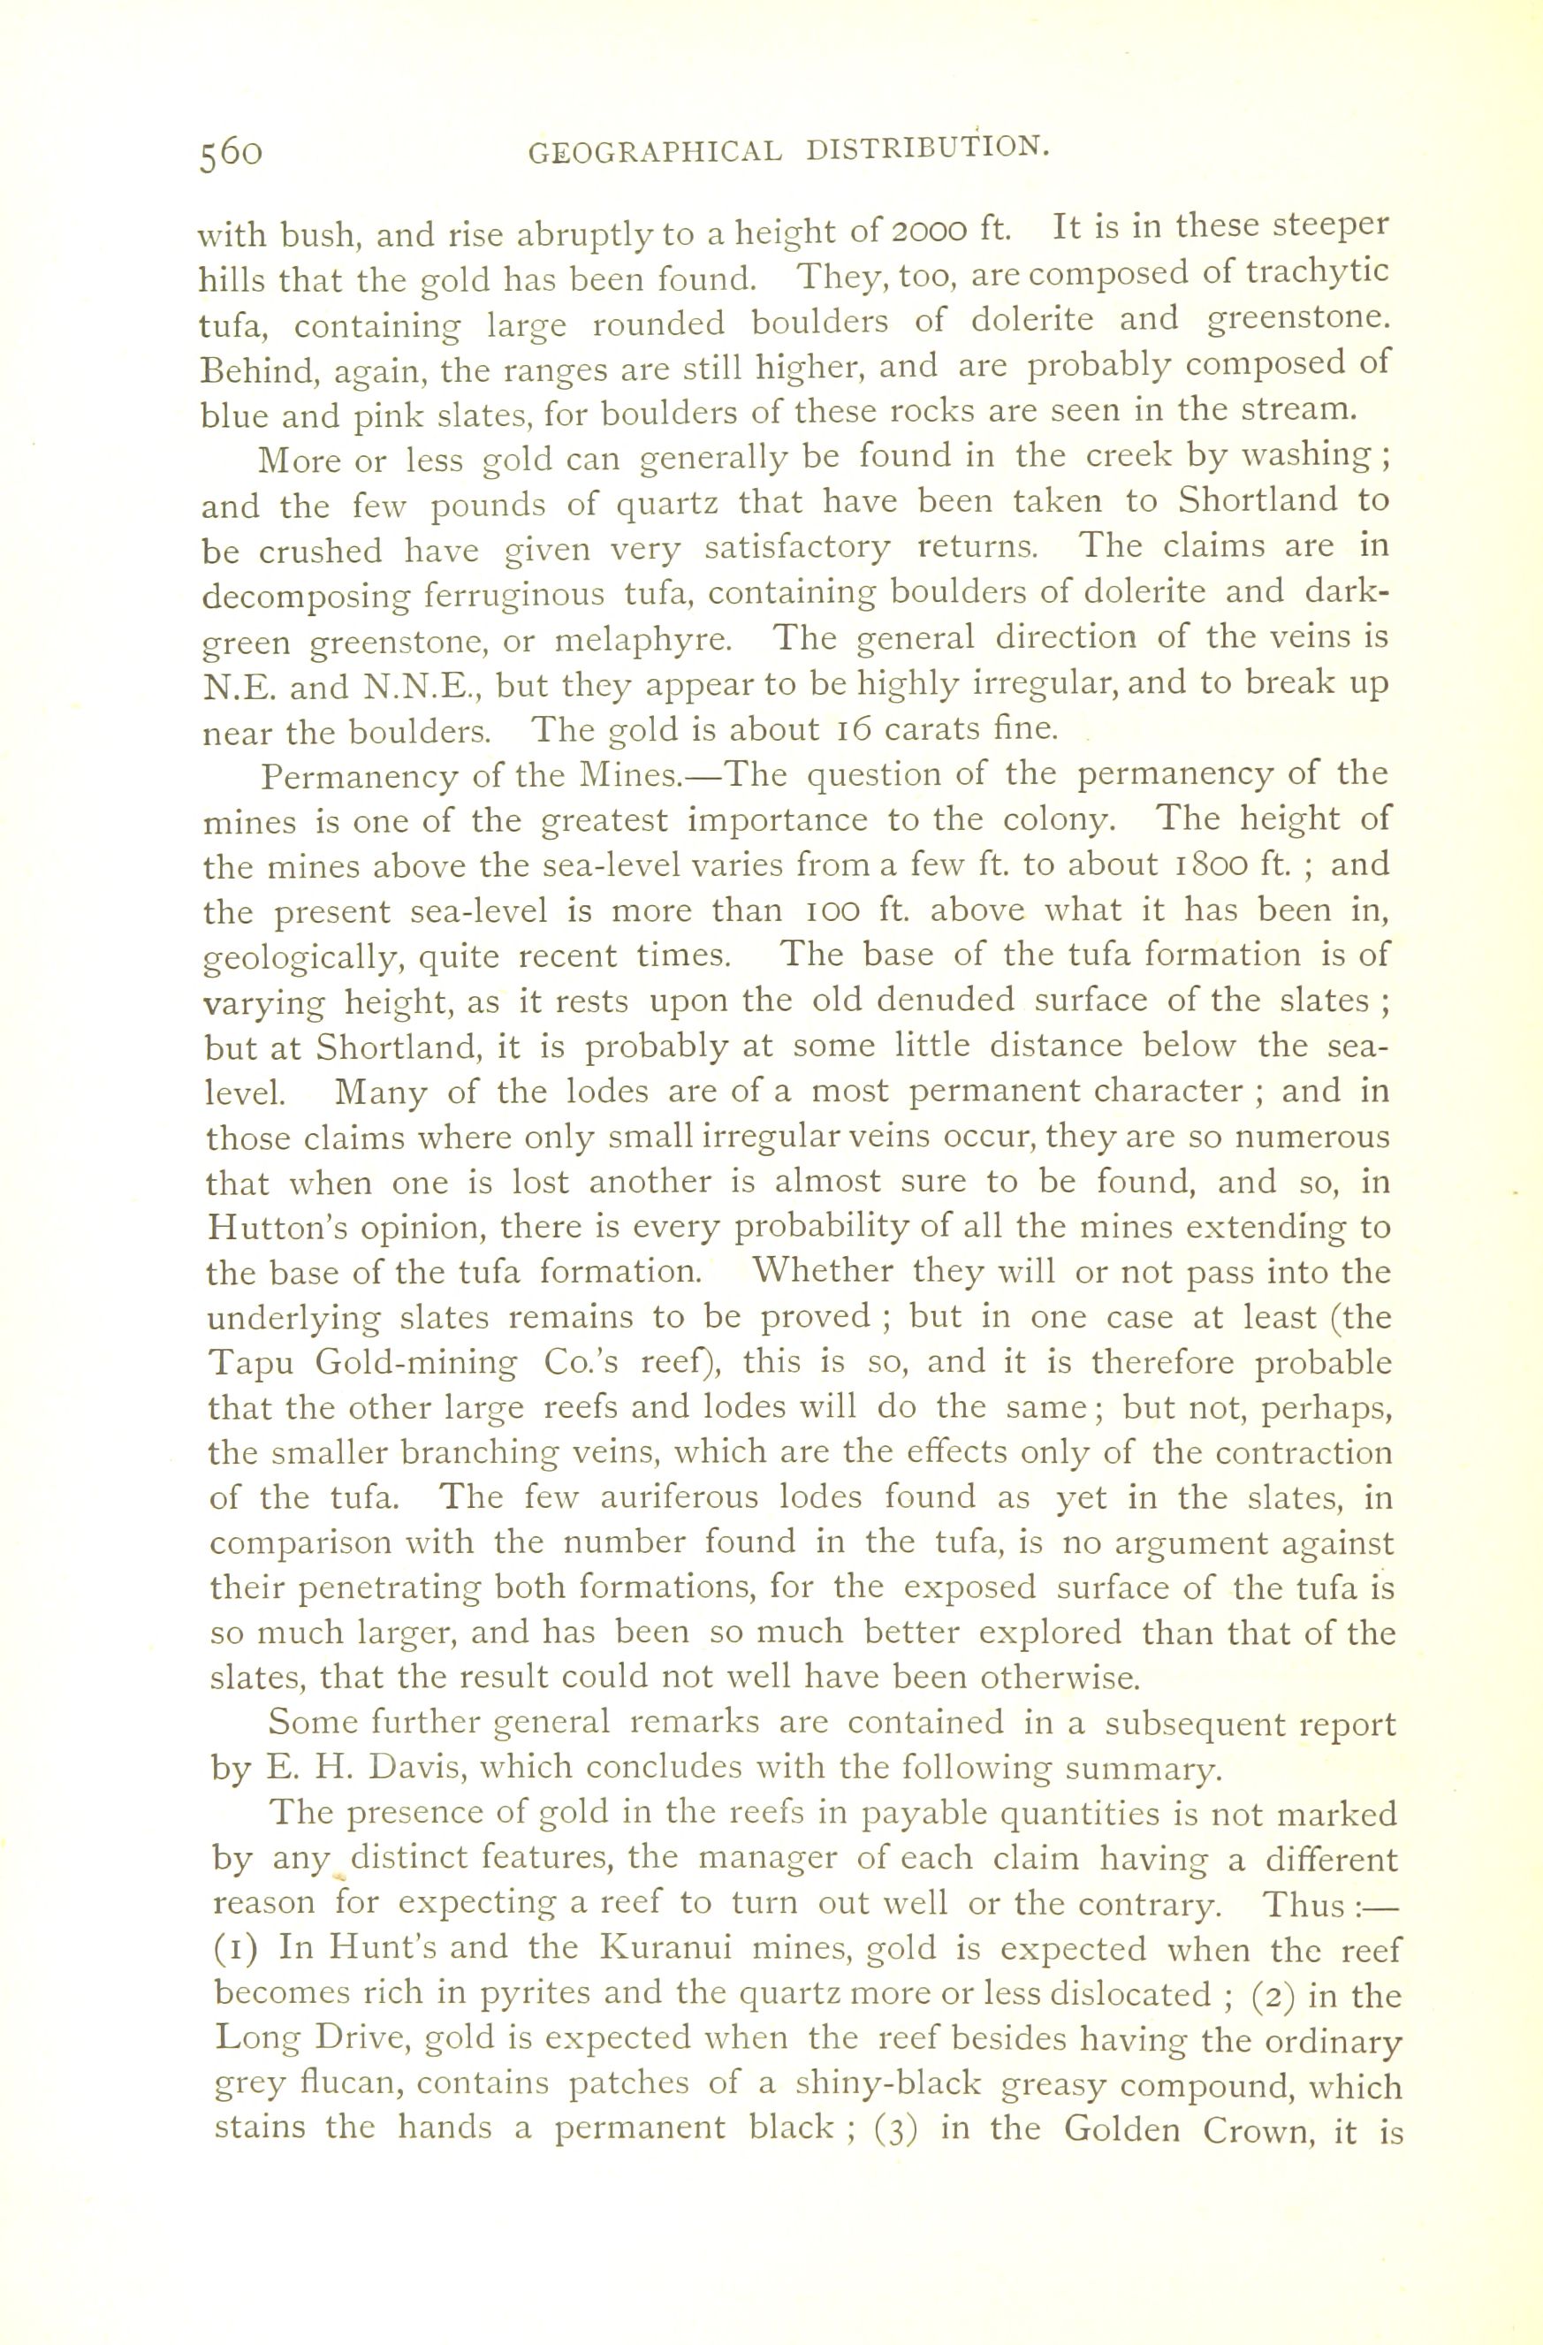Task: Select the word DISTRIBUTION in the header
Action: click(x=925, y=148)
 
